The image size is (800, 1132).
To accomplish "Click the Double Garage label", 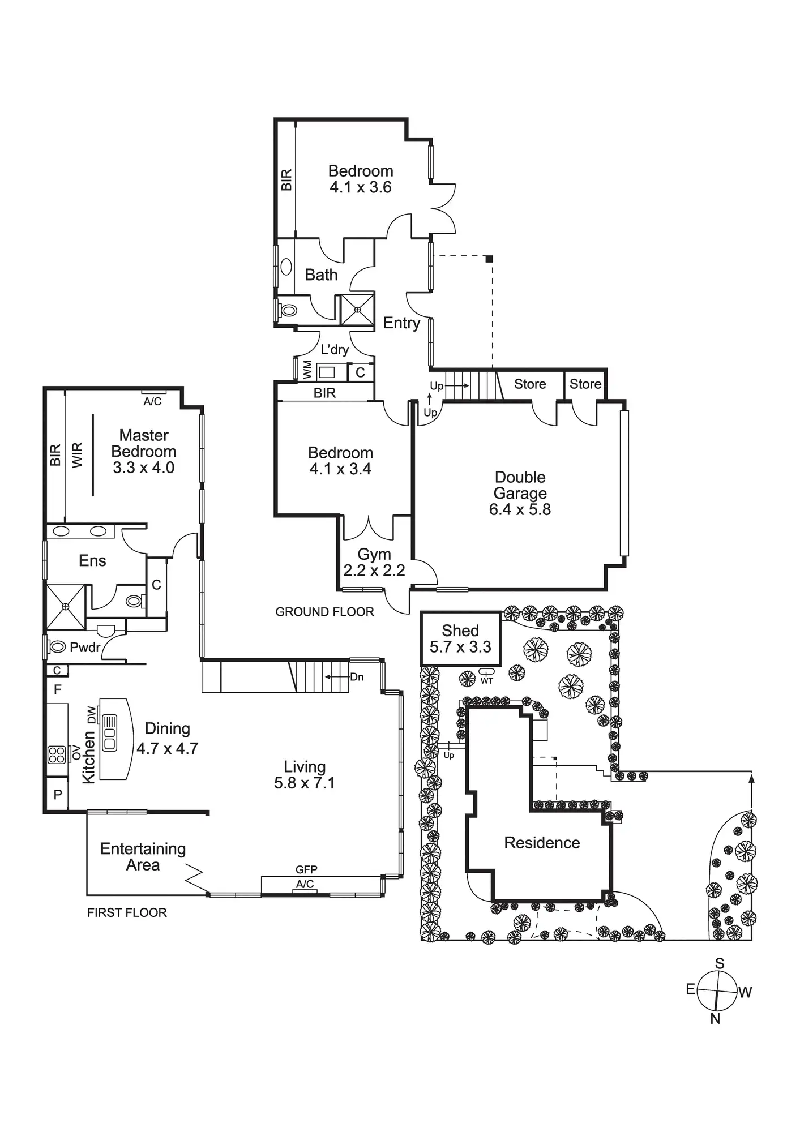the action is pyautogui.click(x=520, y=493).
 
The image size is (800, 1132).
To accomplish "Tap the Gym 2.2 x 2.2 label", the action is pyautogui.click(x=374, y=562).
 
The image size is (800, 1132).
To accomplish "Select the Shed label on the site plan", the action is pyautogui.click(x=460, y=638).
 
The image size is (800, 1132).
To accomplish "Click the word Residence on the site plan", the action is pyautogui.click(x=542, y=843).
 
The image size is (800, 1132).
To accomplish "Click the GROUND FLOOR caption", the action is pyautogui.click(x=324, y=612).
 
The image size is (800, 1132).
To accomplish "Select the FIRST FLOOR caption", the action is pyautogui.click(x=127, y=912).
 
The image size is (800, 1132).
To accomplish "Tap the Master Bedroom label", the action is pyautogui.click(x=144, y=451).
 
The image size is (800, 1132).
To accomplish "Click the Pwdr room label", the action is pyautogui.click(x=85, y=648).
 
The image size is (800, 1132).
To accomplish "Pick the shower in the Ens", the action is pyautogui.click(x=66, y=607).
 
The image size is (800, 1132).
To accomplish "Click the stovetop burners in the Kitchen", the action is pyautogui.click(x=57, y=754).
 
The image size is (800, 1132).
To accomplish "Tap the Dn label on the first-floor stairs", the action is pyautogui.click(x=357, y=677).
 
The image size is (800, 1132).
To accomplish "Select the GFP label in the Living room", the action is pyautogui.click(x=306, y=869).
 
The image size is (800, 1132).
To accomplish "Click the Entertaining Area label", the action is pyautogui.click(x=143, y=857).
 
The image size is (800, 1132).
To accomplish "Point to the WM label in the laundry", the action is pyautogui.click(x=307, y=370).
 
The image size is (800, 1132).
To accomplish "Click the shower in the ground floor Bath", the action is pyautogui.click(x=357, y=310).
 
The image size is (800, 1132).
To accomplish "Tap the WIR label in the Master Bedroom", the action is pyautogui.click(x=78, y=454).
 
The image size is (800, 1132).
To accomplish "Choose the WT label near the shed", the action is pyautogui.click(x=487, y=680).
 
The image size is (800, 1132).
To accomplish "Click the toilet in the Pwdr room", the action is pyautogui.click(x=58, y=646).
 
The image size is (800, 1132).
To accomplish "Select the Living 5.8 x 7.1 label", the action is pyautogui.click(x=305, y=775).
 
